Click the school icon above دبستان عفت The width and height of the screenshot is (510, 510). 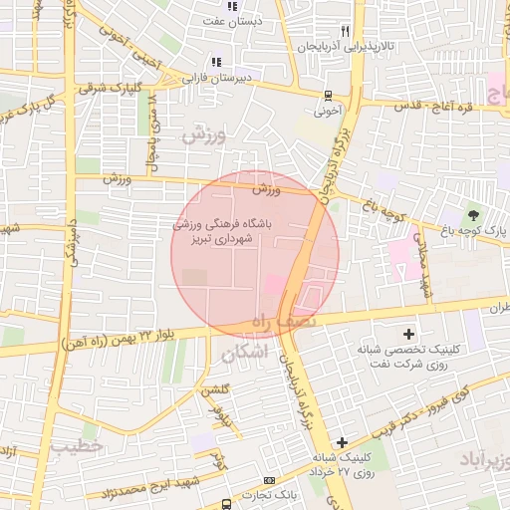pos(232,7)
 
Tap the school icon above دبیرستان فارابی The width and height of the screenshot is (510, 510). pos(216,63)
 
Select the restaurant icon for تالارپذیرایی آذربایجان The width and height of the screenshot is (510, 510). pos(345,32)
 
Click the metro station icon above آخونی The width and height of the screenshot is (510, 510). pos(328,97)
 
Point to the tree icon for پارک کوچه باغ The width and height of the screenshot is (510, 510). pos(473,214)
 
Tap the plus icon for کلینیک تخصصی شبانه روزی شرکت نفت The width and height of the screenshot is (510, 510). pos(408,333)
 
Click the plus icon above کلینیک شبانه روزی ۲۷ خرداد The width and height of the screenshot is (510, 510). pos(342,441)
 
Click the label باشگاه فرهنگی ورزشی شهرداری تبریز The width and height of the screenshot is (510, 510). pos(229,232)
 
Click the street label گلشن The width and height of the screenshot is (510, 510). pos(217,390)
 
